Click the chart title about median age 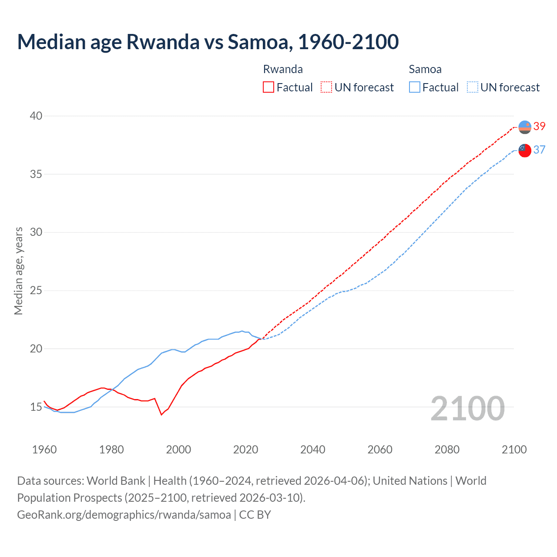click(x=208, y=42)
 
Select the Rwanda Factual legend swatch click(x=268, y=87)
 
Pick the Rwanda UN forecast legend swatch click(x=326, y=87)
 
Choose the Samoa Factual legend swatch click(x=415, y=87)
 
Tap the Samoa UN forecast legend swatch click(x=473, y=87)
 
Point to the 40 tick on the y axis click(x=36, y=116)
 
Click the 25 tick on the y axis click(x=36, y=290)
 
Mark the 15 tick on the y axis click(x=36, y=407)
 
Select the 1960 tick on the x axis click(x=44, y=450)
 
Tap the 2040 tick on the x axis click(x=312, y=450)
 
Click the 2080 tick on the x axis click(x=447, y=450)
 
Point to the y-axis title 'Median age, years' click(x=18, y=271)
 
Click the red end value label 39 click(x=539, y=127)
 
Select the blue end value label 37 click(x=539, y=150)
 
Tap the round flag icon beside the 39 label click(x=525, y=127)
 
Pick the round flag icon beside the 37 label click(x=525, y=151)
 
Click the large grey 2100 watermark click(x=467, y=409)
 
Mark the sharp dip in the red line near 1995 click(x=161, y=414)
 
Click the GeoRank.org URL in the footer click(x=124, y=515)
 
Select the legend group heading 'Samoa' click(x=425, y=69)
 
